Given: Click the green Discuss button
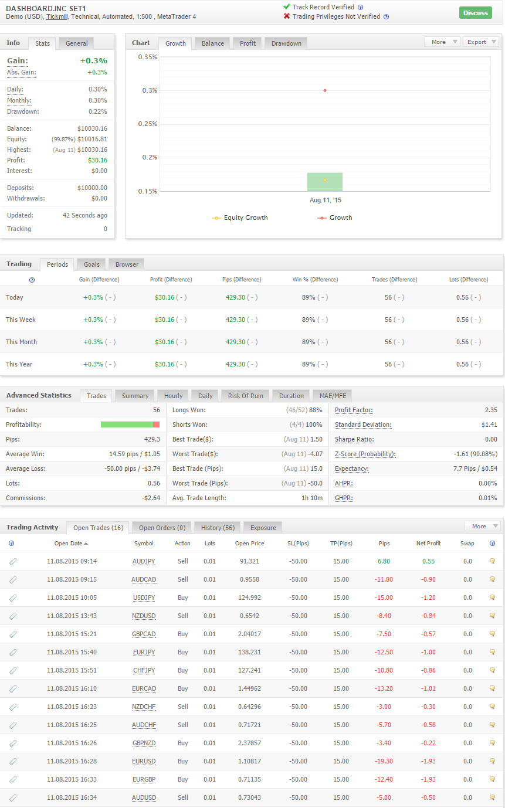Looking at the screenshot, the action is coord(476,13).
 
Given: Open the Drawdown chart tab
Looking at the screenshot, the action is coord(286,43).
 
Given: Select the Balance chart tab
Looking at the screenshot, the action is coord(213,43).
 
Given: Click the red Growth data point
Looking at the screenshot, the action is coord(325,90).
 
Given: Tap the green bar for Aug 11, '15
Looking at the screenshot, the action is coord(325,182).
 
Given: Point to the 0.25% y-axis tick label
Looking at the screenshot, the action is coord(148,124).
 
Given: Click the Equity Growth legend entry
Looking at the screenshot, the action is coord(240,218).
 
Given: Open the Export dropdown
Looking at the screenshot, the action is coord(482,42).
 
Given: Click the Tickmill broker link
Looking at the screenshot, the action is coord(57,16).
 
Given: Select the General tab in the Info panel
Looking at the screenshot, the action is coord(76,43).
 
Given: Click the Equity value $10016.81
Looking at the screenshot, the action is coord(92,139).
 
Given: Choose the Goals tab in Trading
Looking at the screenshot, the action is coord(91,264).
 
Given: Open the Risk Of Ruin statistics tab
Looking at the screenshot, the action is coord(246,396).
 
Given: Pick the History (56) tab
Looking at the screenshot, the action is coord(218,528).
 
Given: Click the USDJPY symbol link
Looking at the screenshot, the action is coord(144,597).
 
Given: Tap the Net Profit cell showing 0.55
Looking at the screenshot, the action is coord(429,561).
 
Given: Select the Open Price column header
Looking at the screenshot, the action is coord(250,543).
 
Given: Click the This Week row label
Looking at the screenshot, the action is coord(21,320).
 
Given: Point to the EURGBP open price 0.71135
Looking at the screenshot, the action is coord(250,779).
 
